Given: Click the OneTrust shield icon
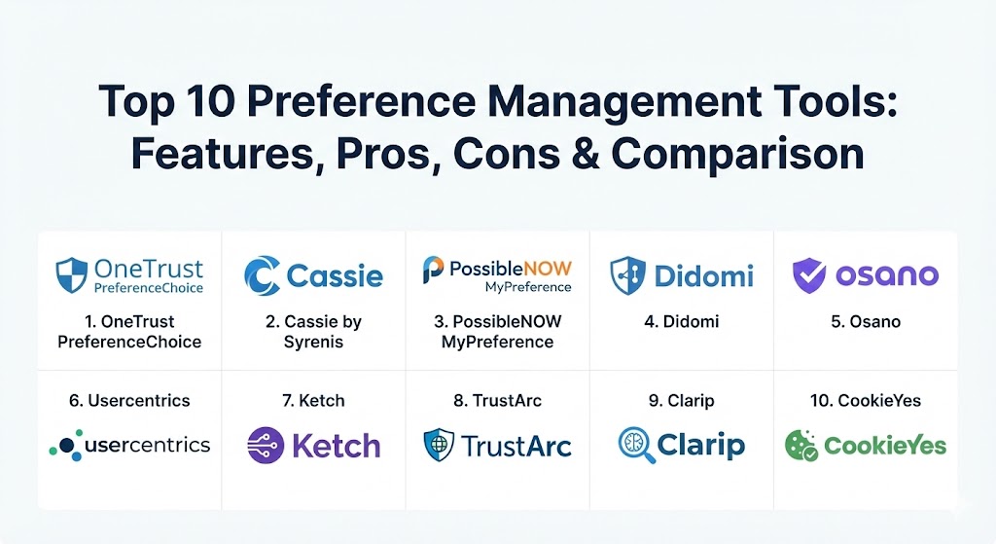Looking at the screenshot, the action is (72, 275).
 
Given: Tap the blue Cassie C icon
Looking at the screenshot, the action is (262, 275).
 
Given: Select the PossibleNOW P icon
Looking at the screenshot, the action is (433, 270).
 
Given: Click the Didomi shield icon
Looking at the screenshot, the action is (627, 275).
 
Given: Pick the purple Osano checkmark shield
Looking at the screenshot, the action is (809, 275).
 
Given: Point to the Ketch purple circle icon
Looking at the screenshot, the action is (266, 446).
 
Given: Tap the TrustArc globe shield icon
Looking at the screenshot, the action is (439, 445).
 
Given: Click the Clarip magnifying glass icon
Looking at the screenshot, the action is (634, 445).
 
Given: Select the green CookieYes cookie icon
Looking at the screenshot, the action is (801, 446).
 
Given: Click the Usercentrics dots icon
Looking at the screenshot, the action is (66, 445).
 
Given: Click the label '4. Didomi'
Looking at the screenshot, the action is (682, 321).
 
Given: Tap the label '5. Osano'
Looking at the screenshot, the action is (866, 321).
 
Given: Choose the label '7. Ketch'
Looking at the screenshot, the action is (313, 400).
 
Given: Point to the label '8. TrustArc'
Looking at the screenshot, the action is (497, 400).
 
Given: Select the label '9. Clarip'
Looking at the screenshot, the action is (682, 400).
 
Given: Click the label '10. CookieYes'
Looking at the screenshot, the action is (866, 400).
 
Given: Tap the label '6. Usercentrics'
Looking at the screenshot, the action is (129, 400).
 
